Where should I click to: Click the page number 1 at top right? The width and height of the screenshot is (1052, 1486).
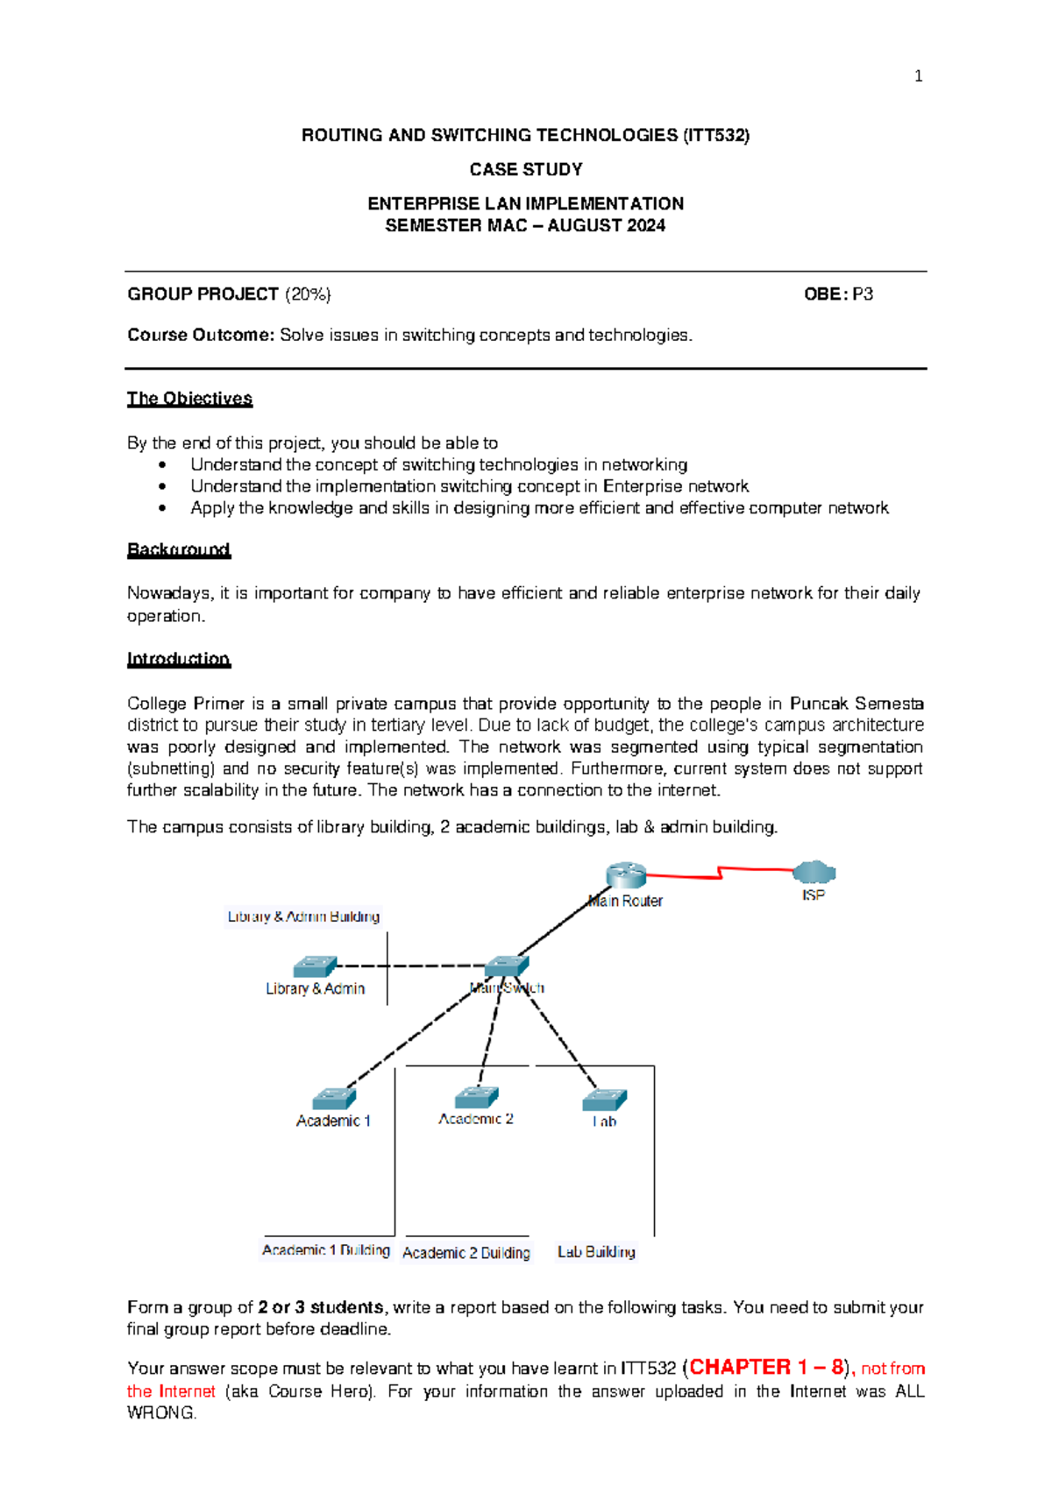(x=918, y=76)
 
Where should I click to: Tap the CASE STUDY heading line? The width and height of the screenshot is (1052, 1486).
(x=525, y=169)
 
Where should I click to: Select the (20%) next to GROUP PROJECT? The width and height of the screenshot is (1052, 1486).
(x=308, y=294)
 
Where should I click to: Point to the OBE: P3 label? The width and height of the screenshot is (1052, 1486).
(x=838, y=294)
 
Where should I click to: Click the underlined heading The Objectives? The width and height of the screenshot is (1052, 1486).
(x=189, y=399)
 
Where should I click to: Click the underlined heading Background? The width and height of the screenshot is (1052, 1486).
(x=179, y=550)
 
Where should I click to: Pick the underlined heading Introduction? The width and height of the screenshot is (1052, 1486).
(x=179, y=659)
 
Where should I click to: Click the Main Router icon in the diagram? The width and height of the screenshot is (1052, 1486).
(x=626, y=874)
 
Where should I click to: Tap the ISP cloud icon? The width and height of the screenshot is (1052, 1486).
(x=814, y=873)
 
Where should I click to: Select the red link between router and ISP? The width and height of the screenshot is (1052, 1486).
(x=719, y=873)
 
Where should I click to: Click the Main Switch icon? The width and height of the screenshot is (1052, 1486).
(x=507, y=966)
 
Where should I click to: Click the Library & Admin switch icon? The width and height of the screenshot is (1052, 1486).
(x=315, y=966)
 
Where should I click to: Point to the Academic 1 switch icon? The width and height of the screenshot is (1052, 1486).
(x=334, y=1099)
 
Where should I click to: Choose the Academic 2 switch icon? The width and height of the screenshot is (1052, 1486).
(x=476, y=1097)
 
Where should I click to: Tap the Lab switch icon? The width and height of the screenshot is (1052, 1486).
(x=605, y=1100)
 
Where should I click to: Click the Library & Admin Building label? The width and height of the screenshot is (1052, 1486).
(x=303, y=916)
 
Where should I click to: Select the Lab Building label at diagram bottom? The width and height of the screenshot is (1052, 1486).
(x=596, y=1252)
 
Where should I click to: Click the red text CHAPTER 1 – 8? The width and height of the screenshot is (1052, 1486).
(x=766, y=1367)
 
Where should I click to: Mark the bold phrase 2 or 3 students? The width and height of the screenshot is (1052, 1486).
(x=321, y=1307)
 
